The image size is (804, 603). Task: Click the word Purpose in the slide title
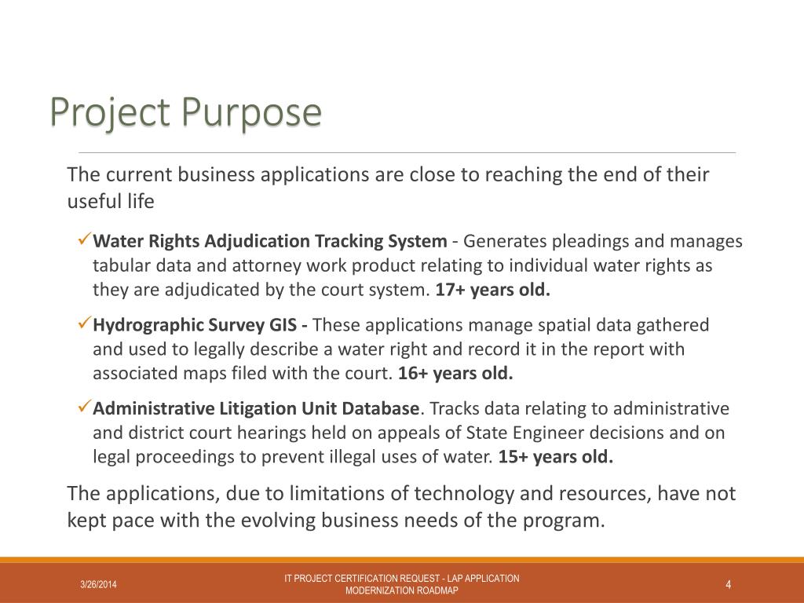(x=251, y=112)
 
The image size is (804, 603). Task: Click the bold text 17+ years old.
(x=493, y=289)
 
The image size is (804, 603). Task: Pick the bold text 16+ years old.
(x=455, y=373)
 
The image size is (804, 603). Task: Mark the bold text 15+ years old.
(x=555, y=457)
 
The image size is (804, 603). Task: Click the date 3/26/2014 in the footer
(x=99, y=584)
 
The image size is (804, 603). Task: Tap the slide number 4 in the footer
(x=729, y=584)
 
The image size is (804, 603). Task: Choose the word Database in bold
(x=383, y=408)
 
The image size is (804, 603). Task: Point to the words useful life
(x=111, y=202)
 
